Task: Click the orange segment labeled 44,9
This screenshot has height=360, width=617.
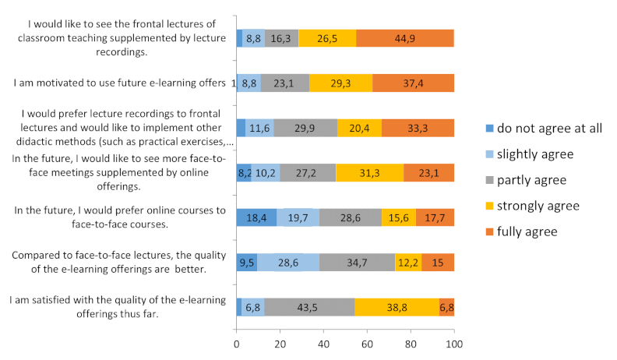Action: pyautogui.click(x=404, y=38)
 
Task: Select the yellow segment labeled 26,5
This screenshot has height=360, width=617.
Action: pyautogui.click(x=326, y=38)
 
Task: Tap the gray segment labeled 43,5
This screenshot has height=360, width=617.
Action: pyautogui.click(x=309, y=307)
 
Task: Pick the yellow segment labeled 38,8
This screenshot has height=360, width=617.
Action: pyautogui.click(x=397, y=307)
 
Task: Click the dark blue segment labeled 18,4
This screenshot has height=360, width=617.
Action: pyautogui.click(x=256, y=217)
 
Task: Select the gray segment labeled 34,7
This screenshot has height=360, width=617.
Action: pyautogui.click(x=357, y=263)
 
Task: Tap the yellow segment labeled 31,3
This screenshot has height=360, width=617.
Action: pyautogui.click(x=370, y=173)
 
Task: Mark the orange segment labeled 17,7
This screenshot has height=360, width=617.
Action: pyautogui.click(x=435, y=217)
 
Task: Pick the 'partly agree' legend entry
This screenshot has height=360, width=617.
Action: pyautogui.click(x=524, y=180)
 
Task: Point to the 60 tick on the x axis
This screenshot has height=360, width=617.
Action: pyautogui.click(x=367, y=342)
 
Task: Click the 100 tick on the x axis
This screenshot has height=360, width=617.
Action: pyautogui.click(x=454, y=342)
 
